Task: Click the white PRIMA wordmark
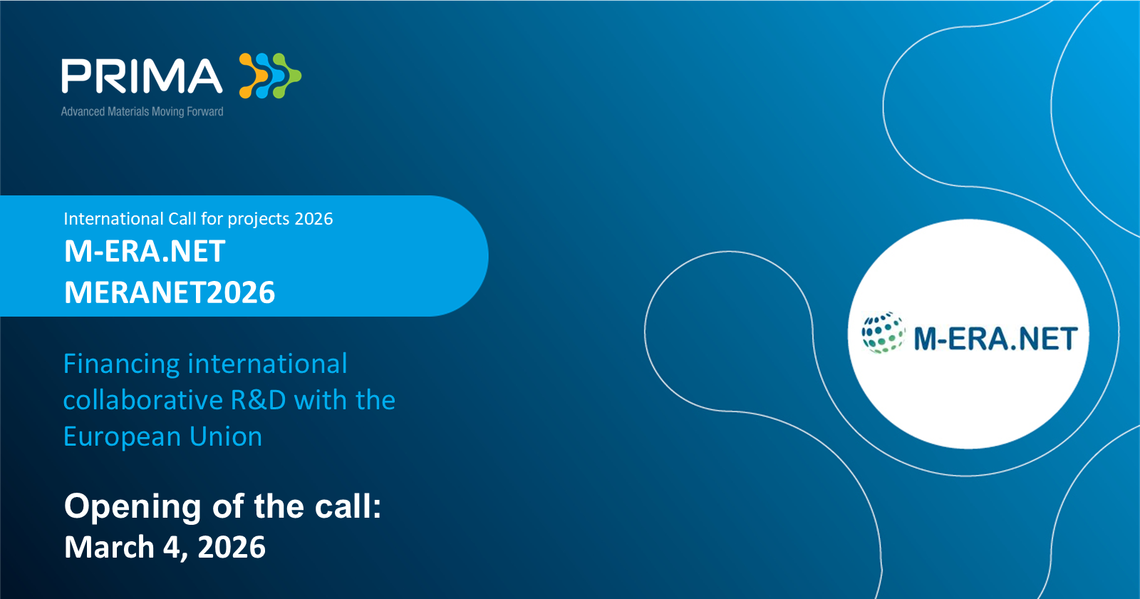[x=142, y=76]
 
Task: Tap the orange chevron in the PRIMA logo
[x=253, y=76]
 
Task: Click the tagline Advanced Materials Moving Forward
[x=142, y=111]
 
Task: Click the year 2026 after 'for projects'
[x=313, y=218]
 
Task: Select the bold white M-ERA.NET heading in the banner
[x=145, y=251]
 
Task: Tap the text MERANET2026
[x=170, y=292]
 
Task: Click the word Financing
[x=121, y=364]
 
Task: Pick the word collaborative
[x=143, y=400]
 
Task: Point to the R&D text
[x=259, y=400]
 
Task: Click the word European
[x=121, y=437]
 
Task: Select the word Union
[x=225, y=437]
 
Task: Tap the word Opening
[x=133, y=507]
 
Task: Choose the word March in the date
[x=109, y=547]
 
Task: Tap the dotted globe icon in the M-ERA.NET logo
[x=883, y=332]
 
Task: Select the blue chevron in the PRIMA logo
[x=270, y=76]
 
